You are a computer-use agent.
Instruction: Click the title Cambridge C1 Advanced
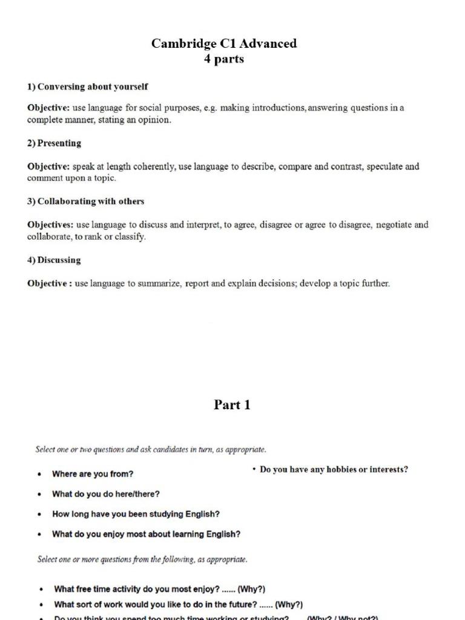pyautogui.click(x=224, y=44)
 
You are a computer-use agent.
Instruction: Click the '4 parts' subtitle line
pyautogui.click(x=224, y=59)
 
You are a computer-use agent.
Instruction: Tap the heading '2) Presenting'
pyautogui.click(x=54, y=143)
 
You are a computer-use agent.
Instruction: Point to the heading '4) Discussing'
pyautogui.click(x=54, y=260)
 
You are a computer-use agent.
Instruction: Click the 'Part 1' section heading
pyautogui.click(x=232, y=405)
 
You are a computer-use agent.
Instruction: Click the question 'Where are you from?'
pyautogui.click(x=93, y=474)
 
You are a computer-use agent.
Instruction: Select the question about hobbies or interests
pyautogui.click(x=334, y=469)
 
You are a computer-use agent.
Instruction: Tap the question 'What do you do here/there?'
pyautogui.click(x=106, y=494)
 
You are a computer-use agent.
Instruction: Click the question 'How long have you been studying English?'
pyautogui.click(x=136, y=514)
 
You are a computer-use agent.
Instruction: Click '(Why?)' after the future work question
pyautogui.click(x=289, y=604)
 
